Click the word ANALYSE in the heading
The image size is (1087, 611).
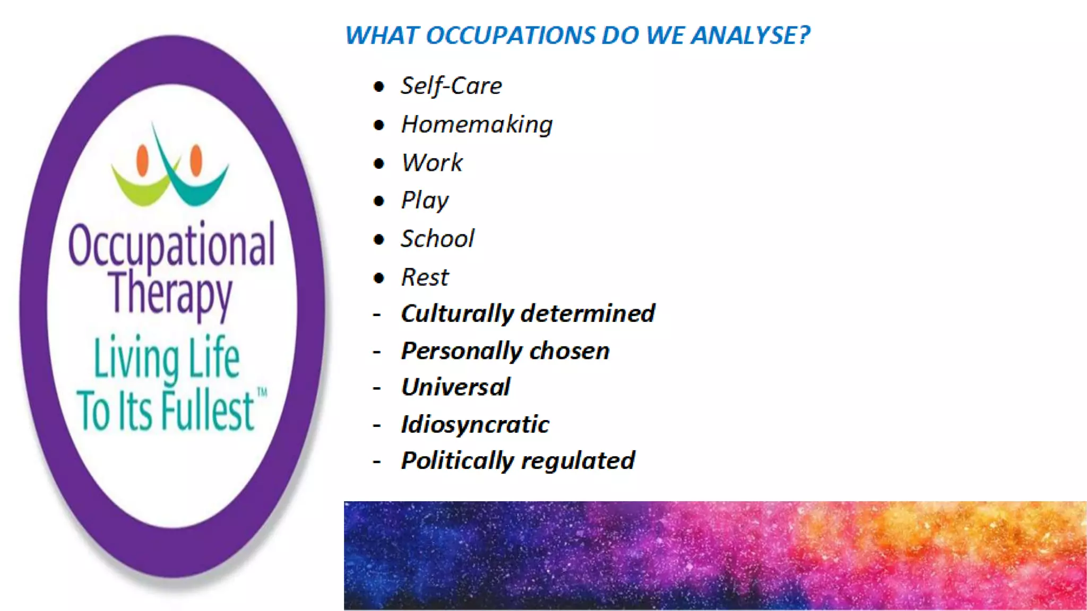coord(750,36)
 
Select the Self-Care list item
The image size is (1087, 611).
coord(451,86)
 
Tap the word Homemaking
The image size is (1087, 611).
coord(477,125)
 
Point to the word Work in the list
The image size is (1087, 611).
coord(432,163)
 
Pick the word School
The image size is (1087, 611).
coord(437,239)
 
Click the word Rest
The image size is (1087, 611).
coord(425,277)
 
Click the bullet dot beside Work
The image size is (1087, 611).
coord(378,163)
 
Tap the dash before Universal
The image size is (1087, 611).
coord(377,388)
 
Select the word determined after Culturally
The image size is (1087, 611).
coord(588,313)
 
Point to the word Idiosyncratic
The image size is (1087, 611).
coord(475,424)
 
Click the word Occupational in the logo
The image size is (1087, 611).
coord(171,245)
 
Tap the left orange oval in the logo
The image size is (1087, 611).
coord(142,160)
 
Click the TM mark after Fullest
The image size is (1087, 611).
coord(262,392)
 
